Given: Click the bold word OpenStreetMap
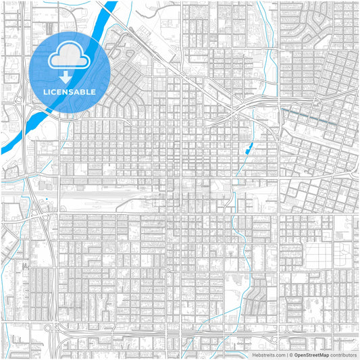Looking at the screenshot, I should click(x=311, y=354).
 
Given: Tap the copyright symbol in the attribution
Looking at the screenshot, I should click(x=290, y=354).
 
